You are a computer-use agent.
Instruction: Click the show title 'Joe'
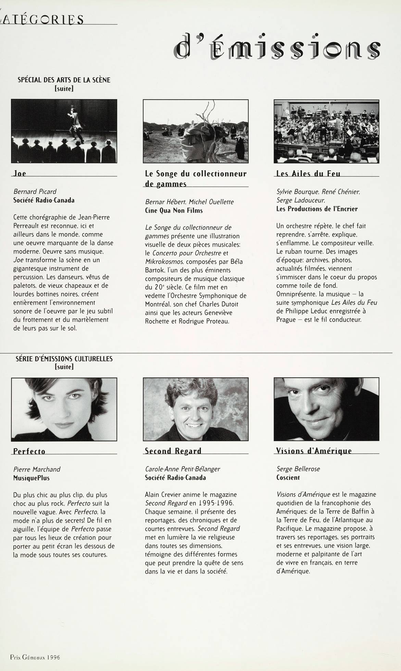coord(20,173)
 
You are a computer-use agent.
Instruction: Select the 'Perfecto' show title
coord(29,451)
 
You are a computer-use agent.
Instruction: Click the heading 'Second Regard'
coord(173,451)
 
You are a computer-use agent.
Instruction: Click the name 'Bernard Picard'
coord(35,192)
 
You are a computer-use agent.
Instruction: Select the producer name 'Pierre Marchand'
coord(37,469)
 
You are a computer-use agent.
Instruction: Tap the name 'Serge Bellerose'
coord(298,469)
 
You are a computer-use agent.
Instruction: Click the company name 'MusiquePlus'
coord(31,478)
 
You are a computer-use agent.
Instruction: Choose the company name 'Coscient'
coord(288,477)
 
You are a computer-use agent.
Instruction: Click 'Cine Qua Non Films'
coord(174,210)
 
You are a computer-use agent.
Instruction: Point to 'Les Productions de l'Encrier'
coord(317,209)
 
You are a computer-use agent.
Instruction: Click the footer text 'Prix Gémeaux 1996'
coord(35,657)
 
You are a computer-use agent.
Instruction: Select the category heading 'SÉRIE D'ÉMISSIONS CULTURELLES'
coord(64,359)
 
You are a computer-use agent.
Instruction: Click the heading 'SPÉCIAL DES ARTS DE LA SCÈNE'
coord(64,80)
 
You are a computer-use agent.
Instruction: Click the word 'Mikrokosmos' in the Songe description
coord(160,262)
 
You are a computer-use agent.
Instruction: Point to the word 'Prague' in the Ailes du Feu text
coord(286,320)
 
